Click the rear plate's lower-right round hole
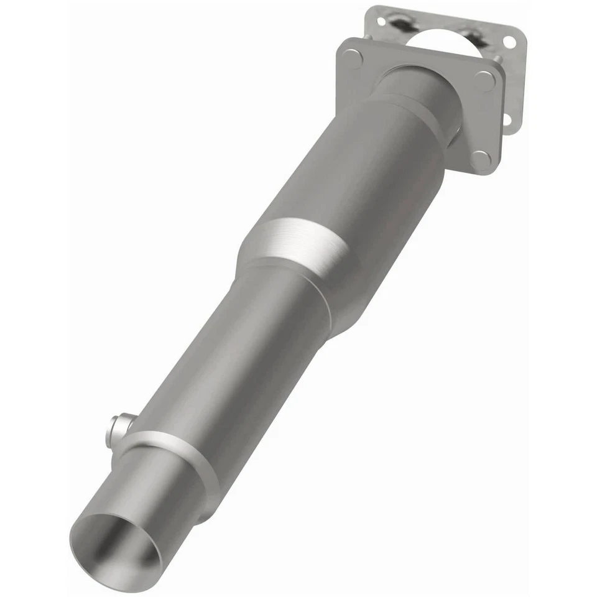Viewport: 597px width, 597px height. point(507,118)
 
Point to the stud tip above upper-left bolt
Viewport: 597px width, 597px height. point(369,37)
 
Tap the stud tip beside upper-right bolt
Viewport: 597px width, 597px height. point(498,60)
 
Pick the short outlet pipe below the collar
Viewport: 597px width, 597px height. point(155,491)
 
